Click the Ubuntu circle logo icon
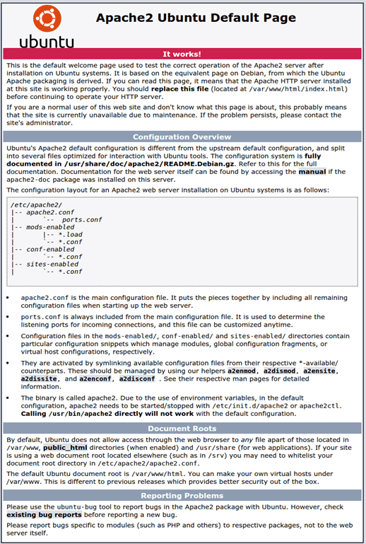pyautogui.click(x=47, y=18)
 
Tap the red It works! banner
pyautogui.click(x=182, y=54)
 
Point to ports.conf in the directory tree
pyautogui.click(x=81, y=219)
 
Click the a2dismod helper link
pyautogui.click(x=281, y=370)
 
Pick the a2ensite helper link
pyautogui.click(x=320, y=370)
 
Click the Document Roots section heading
pyautogui.click(x=182, y=428)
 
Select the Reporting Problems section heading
pyautogui.click(x=182, y=495)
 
